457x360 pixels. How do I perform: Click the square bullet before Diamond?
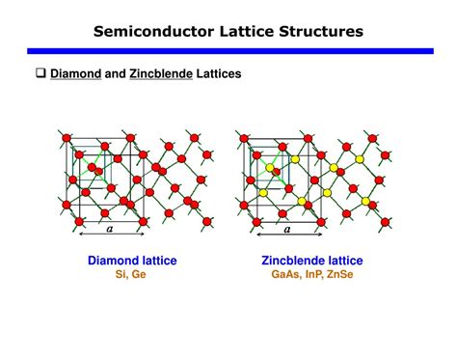coord(41,73)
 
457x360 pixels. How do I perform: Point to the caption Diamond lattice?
coord(132,261)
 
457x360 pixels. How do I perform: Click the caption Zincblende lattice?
coord(311,261)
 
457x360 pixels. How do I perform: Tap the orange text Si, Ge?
coord(131,274)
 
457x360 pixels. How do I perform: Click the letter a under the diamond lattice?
coord(110,230)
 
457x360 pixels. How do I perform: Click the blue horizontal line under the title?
coord(228,50)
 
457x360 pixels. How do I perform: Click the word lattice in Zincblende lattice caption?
coord(342,261)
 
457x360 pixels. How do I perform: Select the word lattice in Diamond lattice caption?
coord(157,261)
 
